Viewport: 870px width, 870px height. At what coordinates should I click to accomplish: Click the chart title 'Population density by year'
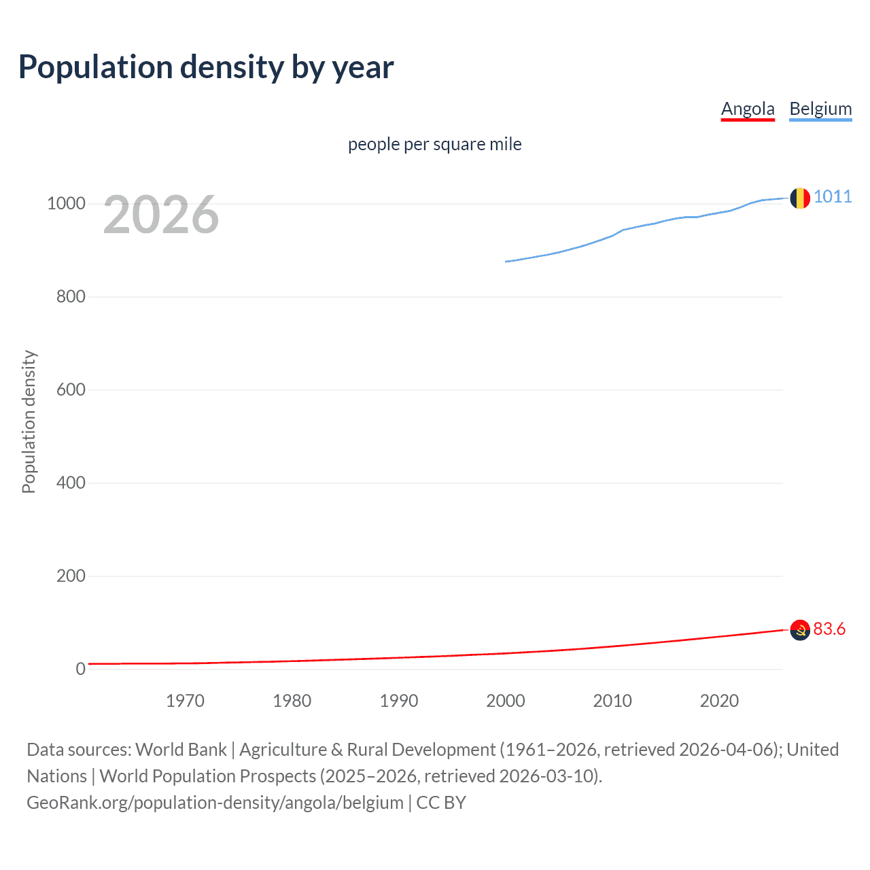206,67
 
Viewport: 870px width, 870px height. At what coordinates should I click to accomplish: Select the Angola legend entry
748,109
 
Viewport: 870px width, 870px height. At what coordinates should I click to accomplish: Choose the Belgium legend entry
820,109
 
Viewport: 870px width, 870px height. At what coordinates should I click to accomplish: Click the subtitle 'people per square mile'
434,144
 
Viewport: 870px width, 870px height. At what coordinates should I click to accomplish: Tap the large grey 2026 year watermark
161,215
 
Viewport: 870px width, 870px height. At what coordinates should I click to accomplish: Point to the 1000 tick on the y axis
66,204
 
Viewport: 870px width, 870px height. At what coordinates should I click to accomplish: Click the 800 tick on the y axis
71,297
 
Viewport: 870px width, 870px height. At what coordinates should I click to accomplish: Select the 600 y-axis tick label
71,390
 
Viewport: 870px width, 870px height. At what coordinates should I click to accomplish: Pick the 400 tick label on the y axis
71,483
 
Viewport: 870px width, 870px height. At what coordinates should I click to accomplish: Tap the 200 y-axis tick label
71,576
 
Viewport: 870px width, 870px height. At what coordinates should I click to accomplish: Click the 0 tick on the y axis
80,669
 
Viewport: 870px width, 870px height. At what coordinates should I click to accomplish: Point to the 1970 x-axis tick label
185,701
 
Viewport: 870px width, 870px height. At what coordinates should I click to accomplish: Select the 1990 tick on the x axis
399,701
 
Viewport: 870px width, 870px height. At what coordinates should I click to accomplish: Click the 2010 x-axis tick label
612,701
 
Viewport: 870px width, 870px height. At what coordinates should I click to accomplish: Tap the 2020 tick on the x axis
719,701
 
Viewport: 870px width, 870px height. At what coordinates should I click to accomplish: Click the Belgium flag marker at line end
800,198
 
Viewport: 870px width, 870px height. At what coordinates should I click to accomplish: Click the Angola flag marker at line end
800,630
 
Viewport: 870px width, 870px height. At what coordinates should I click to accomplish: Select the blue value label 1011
833,196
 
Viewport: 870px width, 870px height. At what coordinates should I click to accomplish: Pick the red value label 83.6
829,629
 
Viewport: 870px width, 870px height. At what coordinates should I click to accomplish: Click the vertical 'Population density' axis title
29,421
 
